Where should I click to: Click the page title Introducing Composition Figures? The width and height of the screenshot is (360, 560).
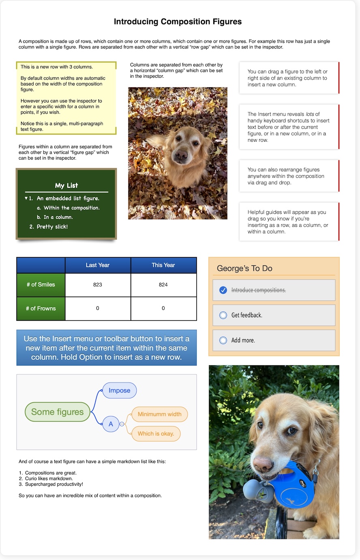coord(178,22)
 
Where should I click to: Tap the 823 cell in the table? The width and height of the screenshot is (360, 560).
coord(98,285)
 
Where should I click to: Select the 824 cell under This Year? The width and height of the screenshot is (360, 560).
coord(163,285)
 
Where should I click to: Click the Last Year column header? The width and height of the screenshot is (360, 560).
coord(98,265)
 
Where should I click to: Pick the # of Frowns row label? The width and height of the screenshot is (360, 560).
coord(41,308)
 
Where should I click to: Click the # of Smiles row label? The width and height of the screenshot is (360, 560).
coord(41,285)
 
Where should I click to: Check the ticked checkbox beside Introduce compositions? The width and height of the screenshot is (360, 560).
coord(223,290)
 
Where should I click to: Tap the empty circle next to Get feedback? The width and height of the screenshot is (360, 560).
coord(223,315)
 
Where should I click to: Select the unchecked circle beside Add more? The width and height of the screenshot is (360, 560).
coord(223,340)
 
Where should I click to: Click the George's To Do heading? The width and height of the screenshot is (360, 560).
coord(244,268)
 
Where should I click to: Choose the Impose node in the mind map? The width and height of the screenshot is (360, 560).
coord(119,391)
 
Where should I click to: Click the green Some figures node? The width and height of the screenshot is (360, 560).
coord(57,412)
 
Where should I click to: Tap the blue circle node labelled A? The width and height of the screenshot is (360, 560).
coord(111,424)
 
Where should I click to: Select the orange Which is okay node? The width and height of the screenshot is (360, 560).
coord(156,434)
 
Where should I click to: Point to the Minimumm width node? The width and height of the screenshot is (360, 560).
coord(159,414)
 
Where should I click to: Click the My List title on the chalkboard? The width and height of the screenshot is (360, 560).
coord(66,186)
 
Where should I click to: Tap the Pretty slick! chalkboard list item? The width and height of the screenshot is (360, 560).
coord(52,227)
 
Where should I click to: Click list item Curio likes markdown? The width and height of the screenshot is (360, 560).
coord(49,479)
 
